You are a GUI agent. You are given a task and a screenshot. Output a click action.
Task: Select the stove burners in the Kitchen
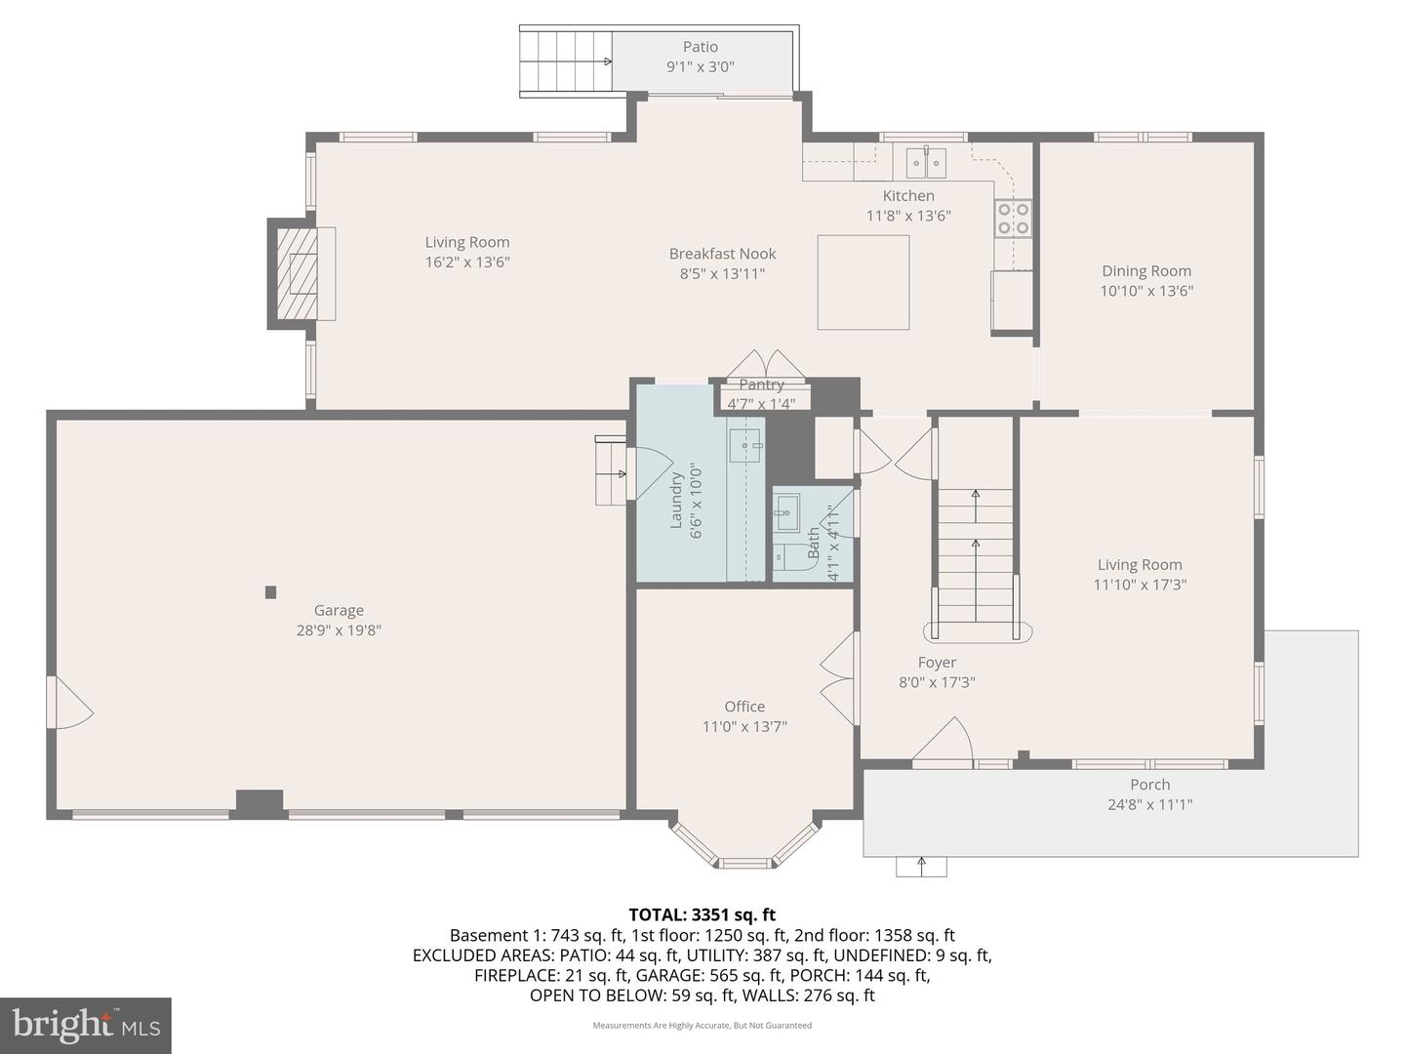coord(1013,219)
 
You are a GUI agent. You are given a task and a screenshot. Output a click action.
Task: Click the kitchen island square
coord(863,282)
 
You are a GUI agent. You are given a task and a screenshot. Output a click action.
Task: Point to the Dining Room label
coord(1146,271)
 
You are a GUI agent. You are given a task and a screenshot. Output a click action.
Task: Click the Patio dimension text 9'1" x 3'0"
coord(700,67)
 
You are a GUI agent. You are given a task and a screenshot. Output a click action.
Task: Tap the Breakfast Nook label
coord(722,254)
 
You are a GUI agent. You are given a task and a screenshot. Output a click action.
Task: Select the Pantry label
coord(761,385)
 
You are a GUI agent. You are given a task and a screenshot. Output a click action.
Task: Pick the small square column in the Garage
coord(270,591)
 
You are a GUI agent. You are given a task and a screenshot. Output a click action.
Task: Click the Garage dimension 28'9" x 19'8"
coord(339,630)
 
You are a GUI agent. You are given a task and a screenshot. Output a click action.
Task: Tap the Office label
coord(744,707)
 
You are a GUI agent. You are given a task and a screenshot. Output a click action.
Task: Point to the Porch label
coord(1149,785)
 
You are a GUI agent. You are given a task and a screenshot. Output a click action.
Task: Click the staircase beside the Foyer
coord(976,556)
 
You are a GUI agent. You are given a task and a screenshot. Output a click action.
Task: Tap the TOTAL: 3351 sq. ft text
coord(702,914)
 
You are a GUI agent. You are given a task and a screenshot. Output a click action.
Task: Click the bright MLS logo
coord(86,1025)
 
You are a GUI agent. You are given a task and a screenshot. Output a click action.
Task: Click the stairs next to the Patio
coord(566,61)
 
